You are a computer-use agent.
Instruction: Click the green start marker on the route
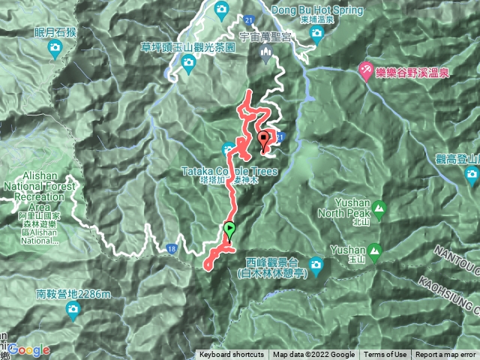pyautogui.click(x=229, y=231)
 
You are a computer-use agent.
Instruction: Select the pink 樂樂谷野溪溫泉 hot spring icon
pyautogui.click(x=365, y=70)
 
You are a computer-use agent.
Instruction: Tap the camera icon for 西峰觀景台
pyautogui.click(x=317, y=264)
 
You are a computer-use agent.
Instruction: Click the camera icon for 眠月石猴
pyautogui.click(x=55, y=49)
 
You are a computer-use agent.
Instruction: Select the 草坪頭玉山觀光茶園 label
pyautogui.click(x=188, y=46)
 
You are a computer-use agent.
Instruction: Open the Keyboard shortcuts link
pyautogui.click(x=231, y=355)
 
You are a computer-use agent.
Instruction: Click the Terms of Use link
pyautogui.click(x=385, y=355)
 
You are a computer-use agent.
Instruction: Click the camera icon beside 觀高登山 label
pyautogui.click(x=472, y=176)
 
